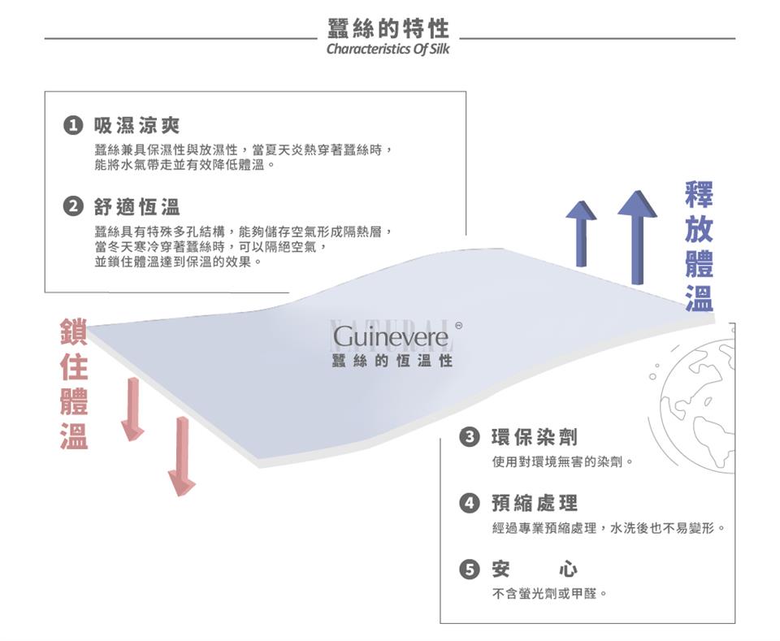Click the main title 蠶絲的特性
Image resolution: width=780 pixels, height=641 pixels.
tap(388, 29)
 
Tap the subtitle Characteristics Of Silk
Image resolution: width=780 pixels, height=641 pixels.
tap(388, 49)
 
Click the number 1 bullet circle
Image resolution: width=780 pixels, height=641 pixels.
tap(73, 126)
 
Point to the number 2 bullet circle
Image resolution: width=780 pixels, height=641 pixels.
tap(73, 207)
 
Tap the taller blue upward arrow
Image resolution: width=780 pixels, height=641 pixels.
tap(637, 236)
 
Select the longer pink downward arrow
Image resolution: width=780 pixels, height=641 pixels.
tap(182, 455)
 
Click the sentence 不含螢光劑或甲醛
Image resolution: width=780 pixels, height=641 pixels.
tap(549, 594)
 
